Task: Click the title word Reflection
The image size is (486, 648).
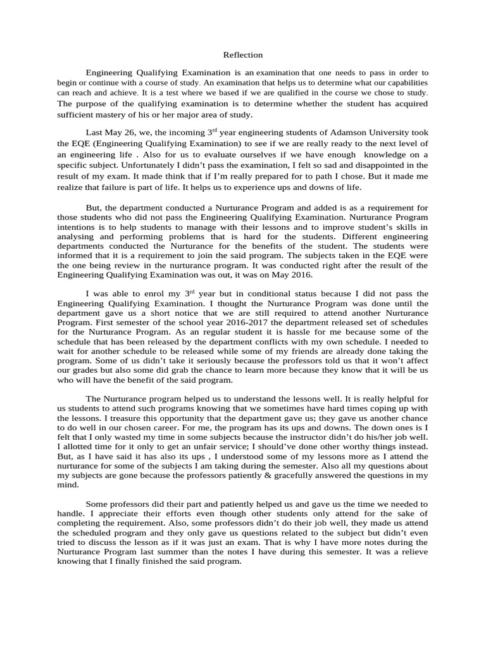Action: point(242,55)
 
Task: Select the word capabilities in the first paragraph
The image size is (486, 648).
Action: point(406,83)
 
